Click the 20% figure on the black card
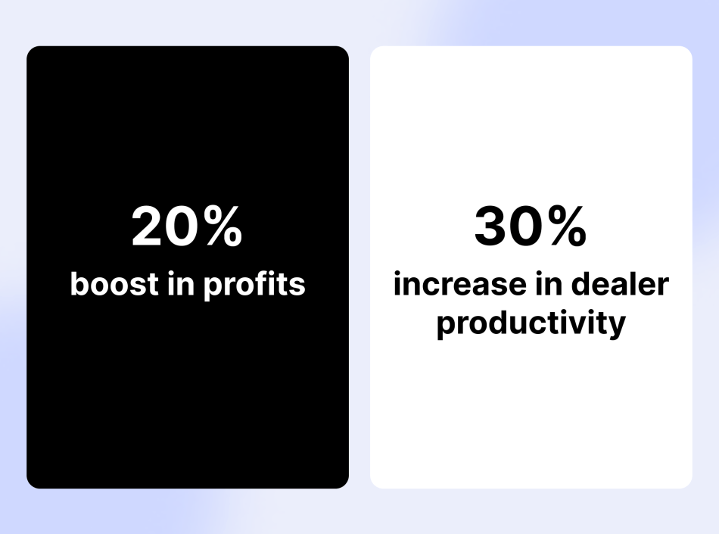click(187, 227)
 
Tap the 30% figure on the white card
click(530, 227)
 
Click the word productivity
click(531, 324)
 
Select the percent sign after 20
click(223, 227)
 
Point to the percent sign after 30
click(566, 227)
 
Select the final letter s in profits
click(299, 286)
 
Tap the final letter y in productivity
click(618, 326)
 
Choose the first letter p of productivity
click(445, 326)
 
